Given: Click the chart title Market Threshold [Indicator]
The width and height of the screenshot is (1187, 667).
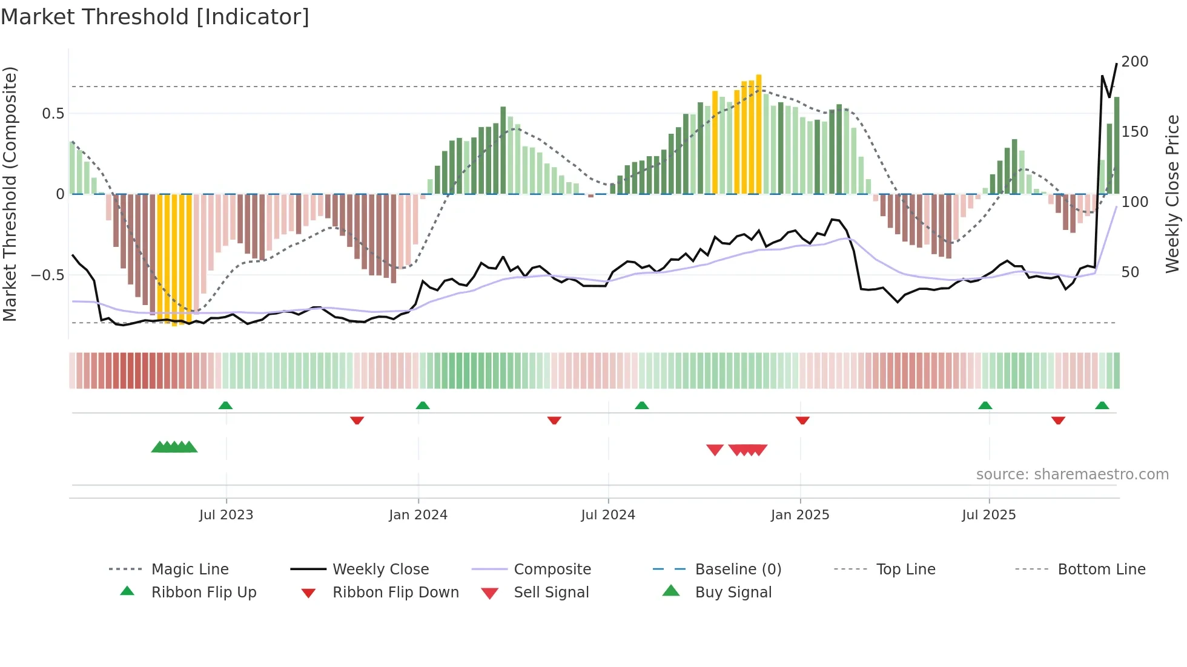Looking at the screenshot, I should click(x=155, y=17).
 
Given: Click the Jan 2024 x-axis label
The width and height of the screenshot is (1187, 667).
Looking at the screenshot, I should click(x=418, y=515).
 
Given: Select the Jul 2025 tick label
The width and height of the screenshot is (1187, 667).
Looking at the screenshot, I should click(x=988, y=515).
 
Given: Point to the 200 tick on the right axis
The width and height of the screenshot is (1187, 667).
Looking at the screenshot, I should click(x=1134, y=62).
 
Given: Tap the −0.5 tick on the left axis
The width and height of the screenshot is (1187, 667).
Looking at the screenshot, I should click(x=47, y=275).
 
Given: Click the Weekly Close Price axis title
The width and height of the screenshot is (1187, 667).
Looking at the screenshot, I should click(x=1172, y=194).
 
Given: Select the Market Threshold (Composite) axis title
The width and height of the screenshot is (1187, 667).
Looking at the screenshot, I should click(x=10, y=194).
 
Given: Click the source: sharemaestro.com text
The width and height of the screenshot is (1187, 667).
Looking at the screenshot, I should click(x=1072, y=475).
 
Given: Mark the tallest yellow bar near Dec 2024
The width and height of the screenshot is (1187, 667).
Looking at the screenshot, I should click(x=759, y=133).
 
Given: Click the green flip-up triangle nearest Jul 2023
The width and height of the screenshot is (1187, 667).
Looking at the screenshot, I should click(x=225, y=406).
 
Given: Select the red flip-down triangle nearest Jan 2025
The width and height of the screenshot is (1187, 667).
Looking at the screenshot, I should click(x=802, y=420).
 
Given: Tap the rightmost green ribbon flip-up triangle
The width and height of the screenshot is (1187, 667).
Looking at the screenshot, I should click(x=1102, y=406).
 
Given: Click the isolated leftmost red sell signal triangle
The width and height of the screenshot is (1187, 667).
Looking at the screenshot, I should click(x=715, y=450).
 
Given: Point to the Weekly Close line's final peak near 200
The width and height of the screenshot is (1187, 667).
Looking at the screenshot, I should click(x=1117, y=64).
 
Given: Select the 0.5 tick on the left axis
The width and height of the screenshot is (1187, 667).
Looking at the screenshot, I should click(x=53, y=114).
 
